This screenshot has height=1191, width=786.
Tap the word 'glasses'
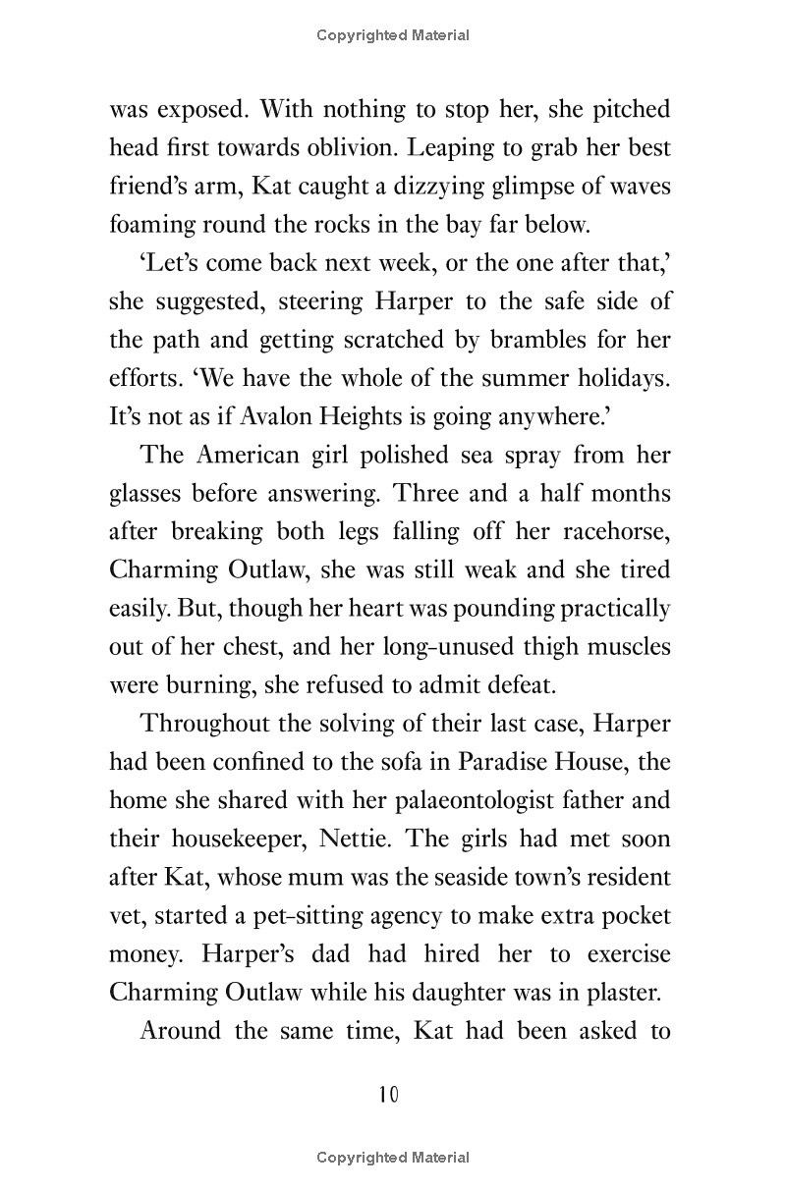pyautogui.click(x=145, y=494)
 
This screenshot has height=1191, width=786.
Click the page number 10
pyautogui.click(x=390, y=1094)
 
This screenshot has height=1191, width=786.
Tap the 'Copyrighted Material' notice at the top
pyautogui.click(x=393, y=35)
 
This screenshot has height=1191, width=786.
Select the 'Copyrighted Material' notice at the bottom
pyautogui.click(x=393, y=1159)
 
